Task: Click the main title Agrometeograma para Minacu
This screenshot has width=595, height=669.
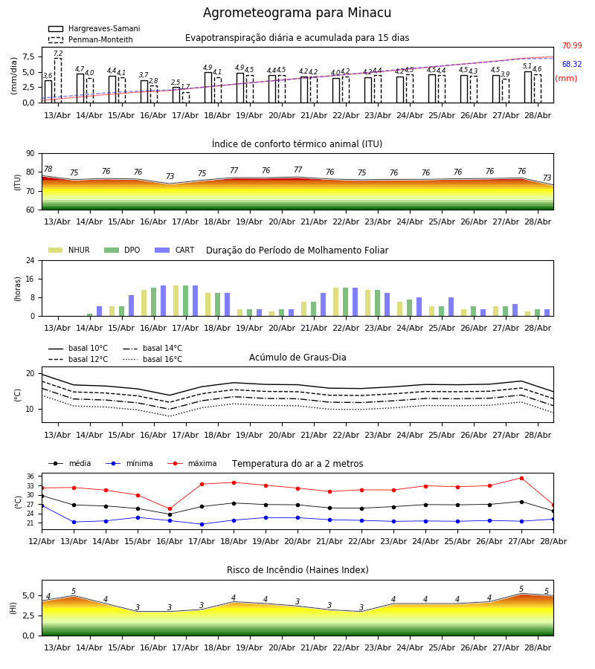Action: tap(297, 13)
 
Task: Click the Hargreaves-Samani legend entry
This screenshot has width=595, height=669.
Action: tap(94, 28)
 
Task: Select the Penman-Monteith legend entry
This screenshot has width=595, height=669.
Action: tap(91, 39)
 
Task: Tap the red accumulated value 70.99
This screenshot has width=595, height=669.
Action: tap(572, 45)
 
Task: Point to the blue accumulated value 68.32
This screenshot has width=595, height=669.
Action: tap(572, 65)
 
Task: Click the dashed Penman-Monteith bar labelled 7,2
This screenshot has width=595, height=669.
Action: tap(57, 80)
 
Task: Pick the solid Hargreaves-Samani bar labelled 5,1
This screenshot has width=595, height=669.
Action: tap(528, 87)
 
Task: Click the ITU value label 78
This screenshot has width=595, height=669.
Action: tap(48, 169)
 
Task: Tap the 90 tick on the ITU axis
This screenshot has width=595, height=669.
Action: tap(30, 154)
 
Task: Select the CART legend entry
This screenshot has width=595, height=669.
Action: tap(175, 250)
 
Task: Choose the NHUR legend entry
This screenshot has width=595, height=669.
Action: tap(69, 250)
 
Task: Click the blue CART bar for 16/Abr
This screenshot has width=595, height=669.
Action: tap(163, 301)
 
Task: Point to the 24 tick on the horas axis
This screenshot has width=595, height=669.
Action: tap(30, 260)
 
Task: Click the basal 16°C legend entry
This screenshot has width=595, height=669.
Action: tap(152, 359)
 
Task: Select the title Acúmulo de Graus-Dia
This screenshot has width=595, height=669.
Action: tap(297, 358)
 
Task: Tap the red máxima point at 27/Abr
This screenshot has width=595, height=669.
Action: tap(521, 478)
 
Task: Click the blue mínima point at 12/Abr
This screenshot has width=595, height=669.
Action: tap(42, 505)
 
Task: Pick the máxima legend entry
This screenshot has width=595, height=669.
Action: tap(192, 463)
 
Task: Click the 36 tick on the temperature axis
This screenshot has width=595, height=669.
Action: tap(30, 476)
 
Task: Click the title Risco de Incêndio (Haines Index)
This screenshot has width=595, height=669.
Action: tap(297, 570)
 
